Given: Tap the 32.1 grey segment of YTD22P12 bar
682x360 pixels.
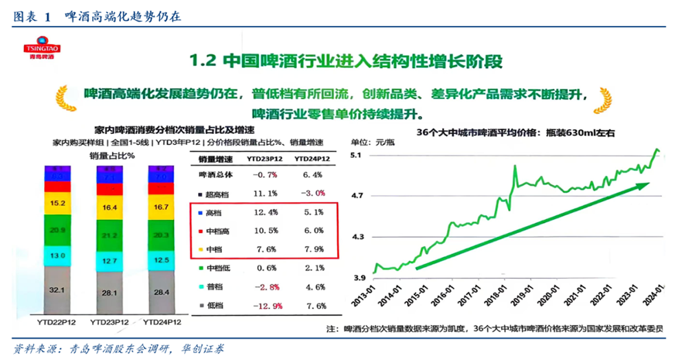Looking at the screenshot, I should pyautogui.click(x=62, y=290).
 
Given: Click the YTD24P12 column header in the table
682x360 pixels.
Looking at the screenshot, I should pyautogui.click(x=309, y=159).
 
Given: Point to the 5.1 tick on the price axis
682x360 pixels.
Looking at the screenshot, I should pyautogui.click(x=357, y=157).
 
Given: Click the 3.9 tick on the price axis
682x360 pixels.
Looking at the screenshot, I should pyautogui.click(x=357, y=278).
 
